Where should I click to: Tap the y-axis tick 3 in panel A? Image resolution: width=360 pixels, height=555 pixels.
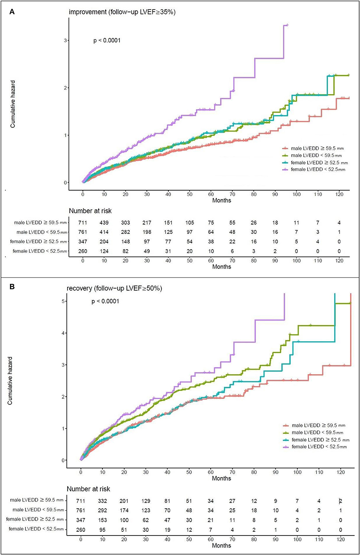pos(66,40)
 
